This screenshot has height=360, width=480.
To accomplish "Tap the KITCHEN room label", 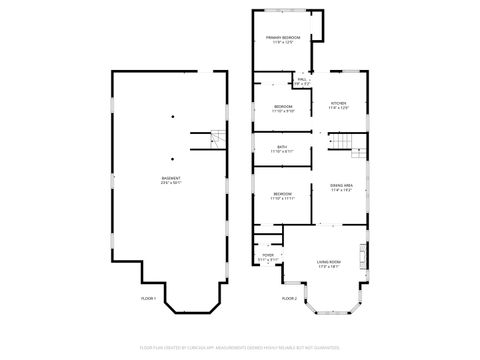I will (338, 103).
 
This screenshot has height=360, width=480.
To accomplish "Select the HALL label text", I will (301, 78).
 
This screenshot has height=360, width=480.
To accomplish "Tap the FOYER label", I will (268, 256).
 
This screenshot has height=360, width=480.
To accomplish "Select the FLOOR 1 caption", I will (148, 299).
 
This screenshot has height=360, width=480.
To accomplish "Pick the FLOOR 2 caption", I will (289, 299).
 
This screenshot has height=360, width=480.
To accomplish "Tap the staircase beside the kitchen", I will (345, 148).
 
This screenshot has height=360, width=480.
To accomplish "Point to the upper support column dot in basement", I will (173, 116).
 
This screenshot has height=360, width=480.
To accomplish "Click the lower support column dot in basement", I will (173, 157).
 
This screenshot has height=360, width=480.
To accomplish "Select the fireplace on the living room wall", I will (365, 251).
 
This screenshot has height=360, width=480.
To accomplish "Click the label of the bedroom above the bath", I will (284, 106).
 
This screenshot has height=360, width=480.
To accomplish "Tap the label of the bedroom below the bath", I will (283, 194).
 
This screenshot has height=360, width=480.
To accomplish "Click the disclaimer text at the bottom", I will (240, 346).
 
